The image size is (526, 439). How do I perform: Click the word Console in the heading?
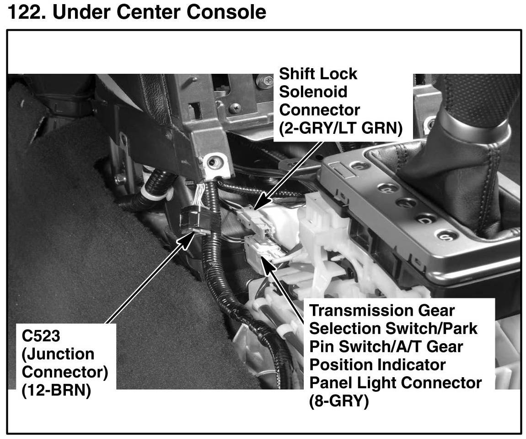229,12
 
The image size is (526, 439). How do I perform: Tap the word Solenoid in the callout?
313,92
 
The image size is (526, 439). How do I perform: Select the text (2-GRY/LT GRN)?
340,129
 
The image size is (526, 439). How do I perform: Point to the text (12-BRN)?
56,391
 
